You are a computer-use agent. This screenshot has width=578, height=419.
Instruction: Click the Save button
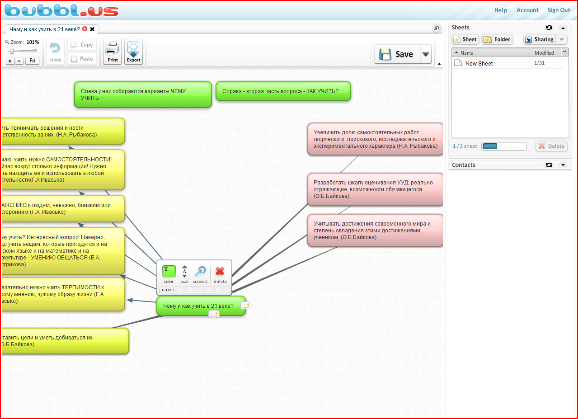point(396,54)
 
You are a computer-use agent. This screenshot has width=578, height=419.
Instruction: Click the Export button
point(133,52)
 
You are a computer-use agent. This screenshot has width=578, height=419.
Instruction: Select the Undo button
point(56,52)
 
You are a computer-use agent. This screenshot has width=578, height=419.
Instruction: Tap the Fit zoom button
point(32,61)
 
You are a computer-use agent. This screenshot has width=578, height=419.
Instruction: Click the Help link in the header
point(500,10)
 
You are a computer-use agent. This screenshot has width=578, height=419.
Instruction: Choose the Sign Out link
point(559,10)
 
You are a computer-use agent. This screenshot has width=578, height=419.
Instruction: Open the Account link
point(527,10)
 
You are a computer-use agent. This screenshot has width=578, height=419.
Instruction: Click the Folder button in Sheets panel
point(497,39)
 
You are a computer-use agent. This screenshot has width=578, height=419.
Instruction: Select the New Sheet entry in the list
point(479,63)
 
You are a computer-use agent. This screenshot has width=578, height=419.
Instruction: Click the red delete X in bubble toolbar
point(220,272)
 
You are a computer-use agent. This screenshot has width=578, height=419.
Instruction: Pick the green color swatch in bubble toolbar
point(169,271)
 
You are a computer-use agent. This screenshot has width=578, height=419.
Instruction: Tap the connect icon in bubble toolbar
point(200,272)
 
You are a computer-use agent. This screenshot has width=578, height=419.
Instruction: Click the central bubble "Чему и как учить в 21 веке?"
point(201,306)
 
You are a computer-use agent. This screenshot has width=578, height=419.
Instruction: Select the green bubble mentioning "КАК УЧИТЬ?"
point(283,91)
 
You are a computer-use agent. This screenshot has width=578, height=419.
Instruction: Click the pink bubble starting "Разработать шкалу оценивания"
point(375,189)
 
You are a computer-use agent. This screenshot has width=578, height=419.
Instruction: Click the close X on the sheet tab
point(92,29)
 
